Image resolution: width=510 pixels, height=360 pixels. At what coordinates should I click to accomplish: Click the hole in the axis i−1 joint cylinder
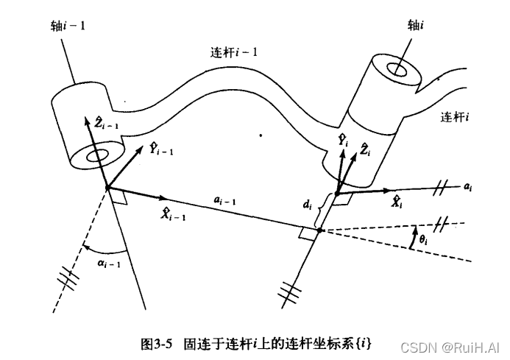coord(97,155)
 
